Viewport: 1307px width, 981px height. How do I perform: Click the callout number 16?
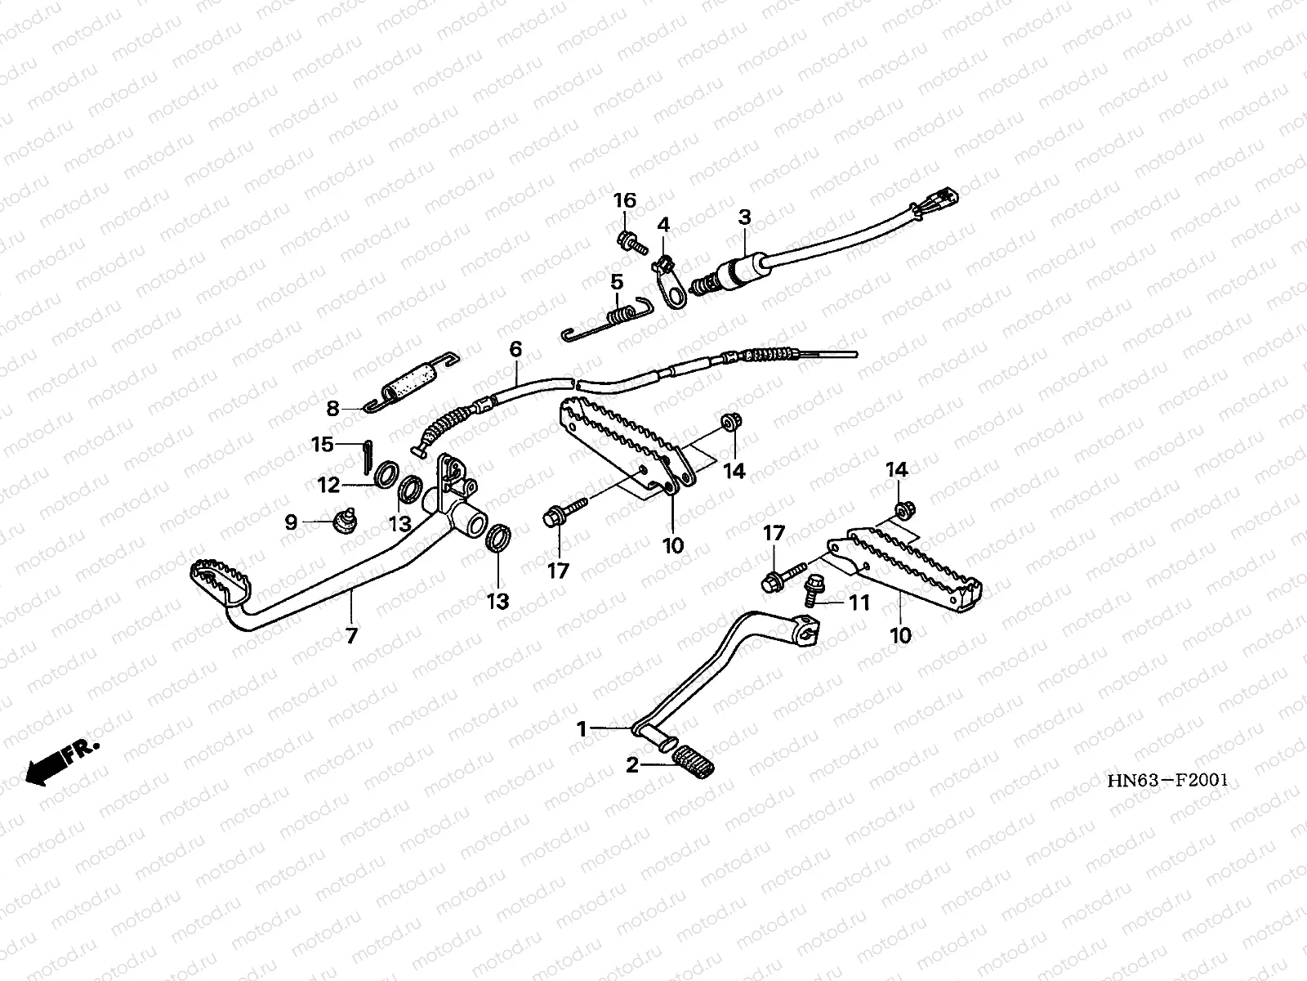[625, 201]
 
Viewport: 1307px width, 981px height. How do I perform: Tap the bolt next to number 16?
[630, 241]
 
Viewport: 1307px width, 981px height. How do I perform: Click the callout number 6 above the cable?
[515, 350]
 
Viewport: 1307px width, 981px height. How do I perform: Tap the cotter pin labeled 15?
[366, 456]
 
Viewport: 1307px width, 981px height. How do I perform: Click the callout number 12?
[328, 486]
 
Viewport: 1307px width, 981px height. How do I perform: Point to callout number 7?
[351, 636]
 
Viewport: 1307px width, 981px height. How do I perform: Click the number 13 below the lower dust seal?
[497, 602]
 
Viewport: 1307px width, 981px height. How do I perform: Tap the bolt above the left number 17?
[563, 517]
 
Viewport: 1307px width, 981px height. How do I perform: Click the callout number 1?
[582, 728]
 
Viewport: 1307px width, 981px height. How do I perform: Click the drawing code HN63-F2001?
[1167, 780]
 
